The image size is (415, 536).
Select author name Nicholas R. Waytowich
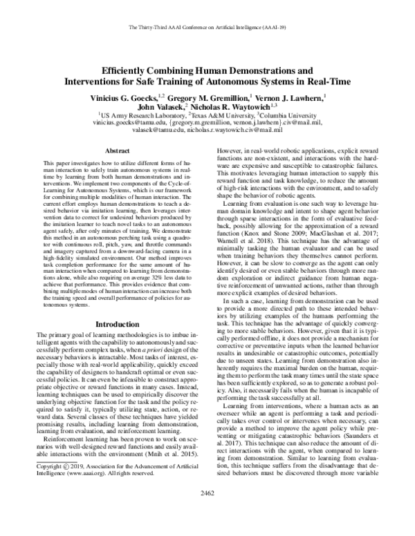235,108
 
